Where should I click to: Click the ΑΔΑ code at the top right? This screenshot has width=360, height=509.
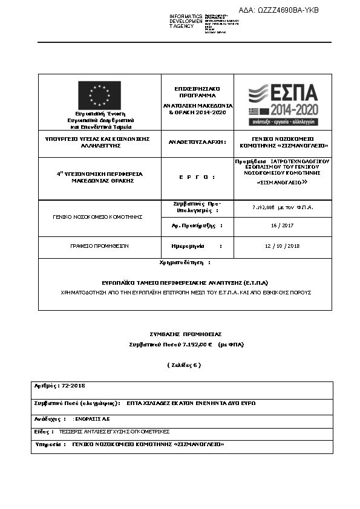(278, 10)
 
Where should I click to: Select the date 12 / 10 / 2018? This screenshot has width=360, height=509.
(283, 246)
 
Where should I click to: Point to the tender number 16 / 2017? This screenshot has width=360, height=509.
(283, 225)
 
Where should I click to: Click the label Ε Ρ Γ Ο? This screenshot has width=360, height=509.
(197, 177)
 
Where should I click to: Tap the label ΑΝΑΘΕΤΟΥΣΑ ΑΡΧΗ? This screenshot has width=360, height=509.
(197, 142)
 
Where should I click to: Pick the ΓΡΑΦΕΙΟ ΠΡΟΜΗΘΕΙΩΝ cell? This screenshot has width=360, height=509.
(99, 246)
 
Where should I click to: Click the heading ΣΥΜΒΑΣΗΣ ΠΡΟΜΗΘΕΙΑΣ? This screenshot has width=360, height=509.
(186, 334)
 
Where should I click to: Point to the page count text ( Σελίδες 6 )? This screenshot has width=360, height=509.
(183, 365)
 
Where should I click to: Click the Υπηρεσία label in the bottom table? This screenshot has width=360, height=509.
(50, 444)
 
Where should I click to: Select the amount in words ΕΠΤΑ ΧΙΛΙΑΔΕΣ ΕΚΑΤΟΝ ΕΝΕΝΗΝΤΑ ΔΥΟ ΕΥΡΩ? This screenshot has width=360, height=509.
(191, 403)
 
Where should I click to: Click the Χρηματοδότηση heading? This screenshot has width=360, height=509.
(185, 263)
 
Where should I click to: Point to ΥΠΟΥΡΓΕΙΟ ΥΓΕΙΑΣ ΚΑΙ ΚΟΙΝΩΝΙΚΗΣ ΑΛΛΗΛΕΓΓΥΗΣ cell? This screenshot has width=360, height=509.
(97, 142)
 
